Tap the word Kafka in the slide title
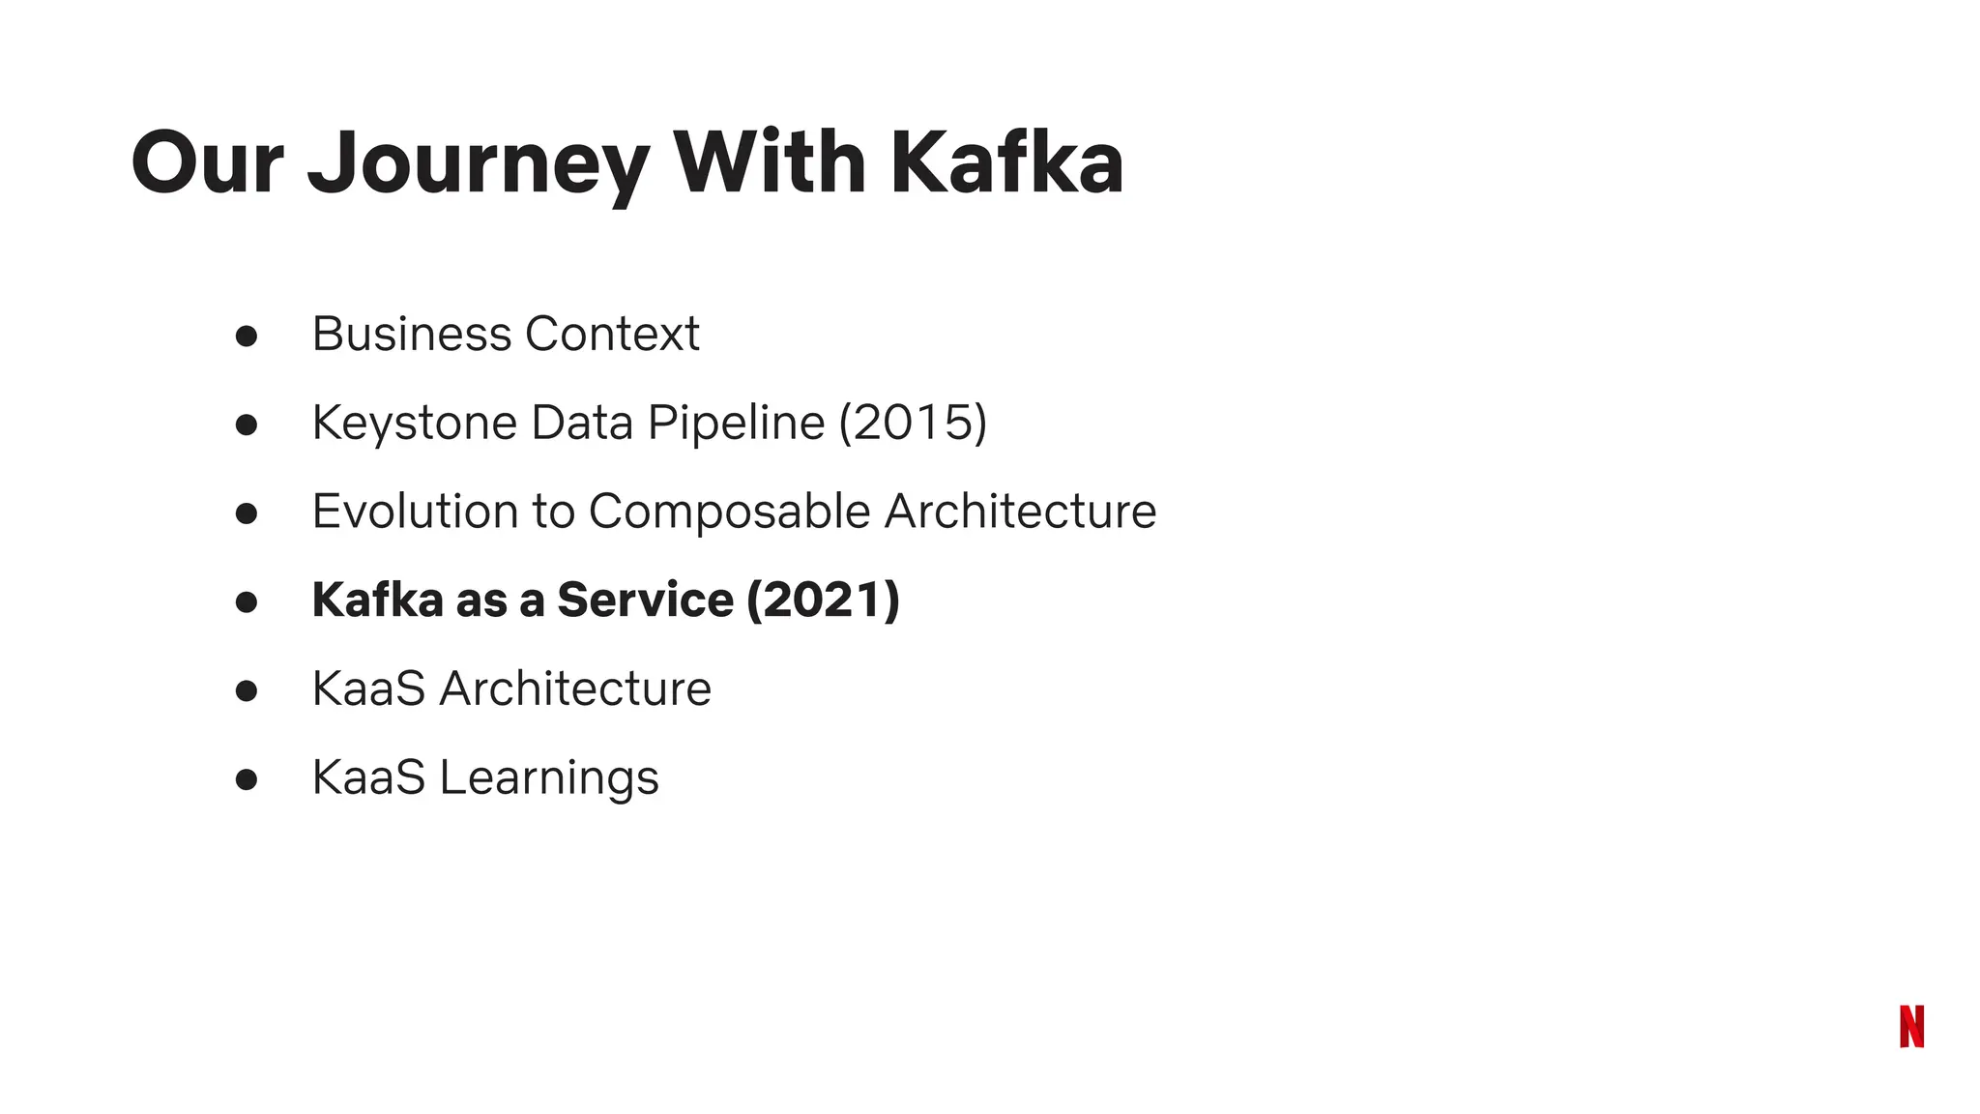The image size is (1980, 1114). (x=1006, y=162)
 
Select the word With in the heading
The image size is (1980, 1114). (x=770, y=162)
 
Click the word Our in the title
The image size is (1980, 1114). (x=207, y=162)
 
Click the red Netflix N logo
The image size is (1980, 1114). (x=1911, y=1026)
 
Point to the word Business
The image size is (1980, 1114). (x=411, y=335)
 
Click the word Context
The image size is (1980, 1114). (x=612, y=335)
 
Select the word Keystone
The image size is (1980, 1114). (x=415, y=424)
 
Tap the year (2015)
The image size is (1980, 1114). (x=913, y=423)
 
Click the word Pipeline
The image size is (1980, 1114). (x=736, y=424)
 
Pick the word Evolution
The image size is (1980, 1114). (x=415, y=512)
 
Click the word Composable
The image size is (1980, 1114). (x=729, y=512)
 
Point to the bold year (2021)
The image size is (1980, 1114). (x=823, y=600)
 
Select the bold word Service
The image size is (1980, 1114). (x=645, y=600)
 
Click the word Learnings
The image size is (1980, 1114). (x=549, y=778)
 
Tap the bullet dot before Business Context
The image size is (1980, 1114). (x=247, y=336)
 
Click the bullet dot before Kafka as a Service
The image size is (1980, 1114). (x=247, y=601)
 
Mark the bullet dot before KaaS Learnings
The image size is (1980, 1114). (x=247, y=779)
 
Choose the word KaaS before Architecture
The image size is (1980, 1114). (x=368, y=689)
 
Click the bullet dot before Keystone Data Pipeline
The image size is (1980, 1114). (x=247, y=425)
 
